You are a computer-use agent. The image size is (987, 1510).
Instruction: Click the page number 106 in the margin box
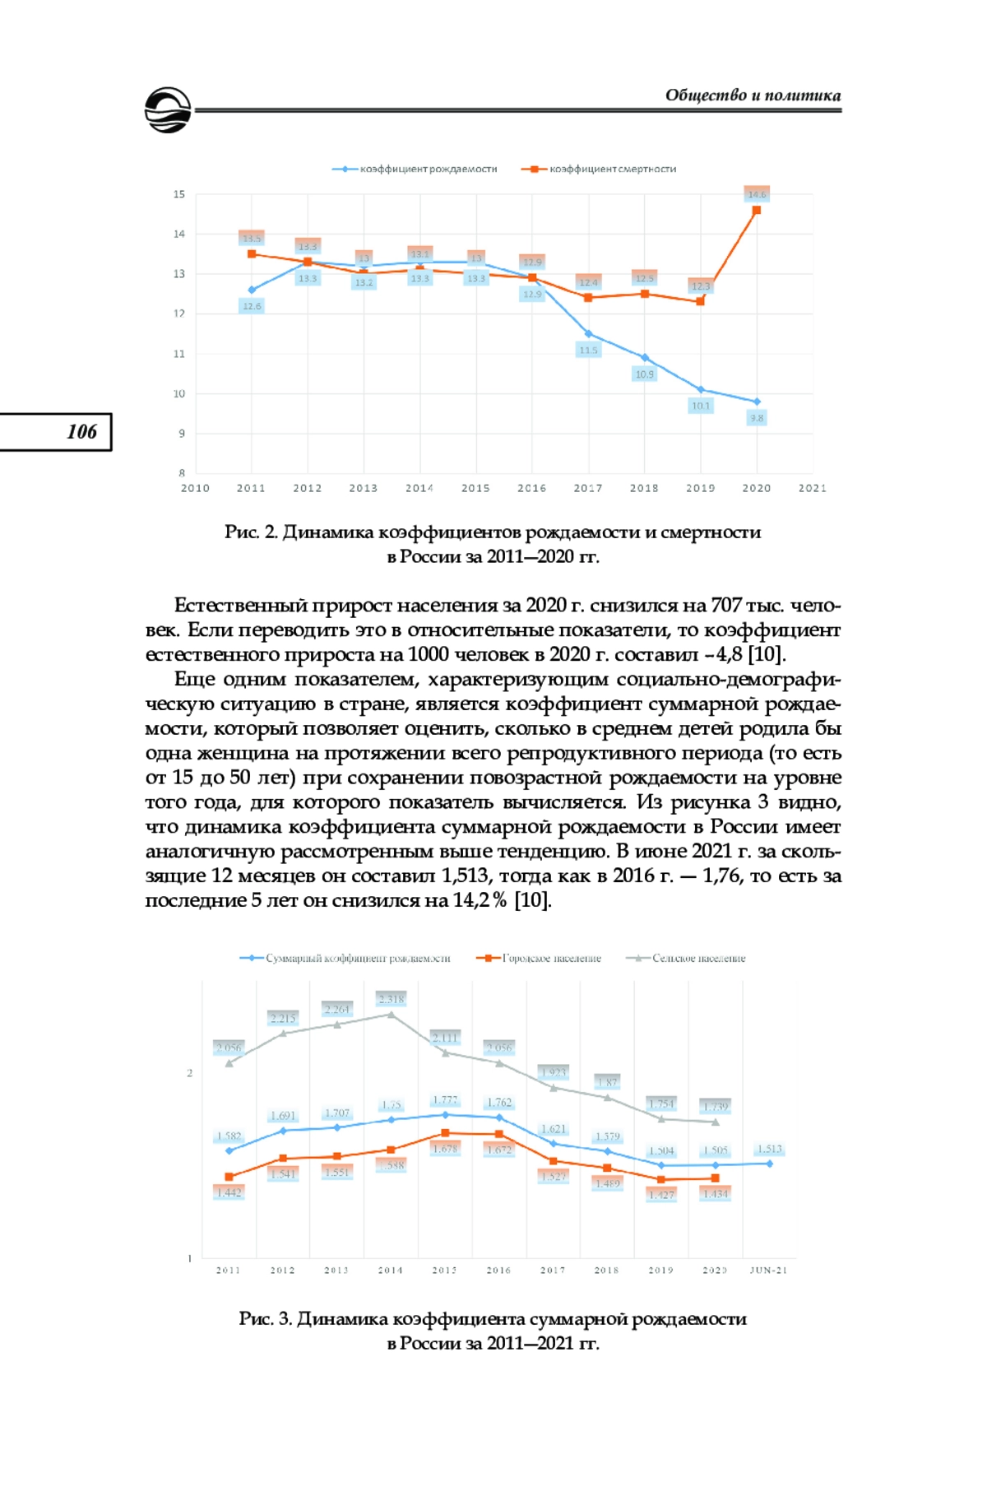(x=81, y=432)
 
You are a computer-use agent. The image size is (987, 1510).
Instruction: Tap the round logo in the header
(x=168, y=110)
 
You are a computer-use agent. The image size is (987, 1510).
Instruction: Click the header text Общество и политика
(x=753, y=95)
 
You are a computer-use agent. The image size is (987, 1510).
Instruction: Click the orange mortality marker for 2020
(x=757, y=210)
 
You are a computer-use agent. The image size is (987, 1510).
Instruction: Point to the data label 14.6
(x=757, y=194)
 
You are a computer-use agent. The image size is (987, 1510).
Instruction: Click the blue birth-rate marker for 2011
(x=252, y=290)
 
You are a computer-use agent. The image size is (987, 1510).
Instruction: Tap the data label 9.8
(x=757, y=418)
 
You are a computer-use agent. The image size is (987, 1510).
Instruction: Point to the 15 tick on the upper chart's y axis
(x=179, y=194)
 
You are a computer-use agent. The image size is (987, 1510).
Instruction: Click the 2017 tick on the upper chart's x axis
(x=588, y=488)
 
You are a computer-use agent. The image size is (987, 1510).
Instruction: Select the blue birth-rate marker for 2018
(x=645, y=357)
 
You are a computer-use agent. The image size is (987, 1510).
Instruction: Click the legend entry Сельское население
(x=698, y=958)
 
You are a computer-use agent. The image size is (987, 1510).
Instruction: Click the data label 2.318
(x=392, y=999)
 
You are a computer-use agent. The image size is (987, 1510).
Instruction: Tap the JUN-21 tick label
(x=768, y=1270)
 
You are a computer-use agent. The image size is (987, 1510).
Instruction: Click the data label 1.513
(x=770, y=1149)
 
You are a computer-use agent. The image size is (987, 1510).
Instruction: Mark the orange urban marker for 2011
(x=229, y=1177)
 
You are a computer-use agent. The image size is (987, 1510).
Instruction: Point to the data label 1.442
(x=229, y=1192)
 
